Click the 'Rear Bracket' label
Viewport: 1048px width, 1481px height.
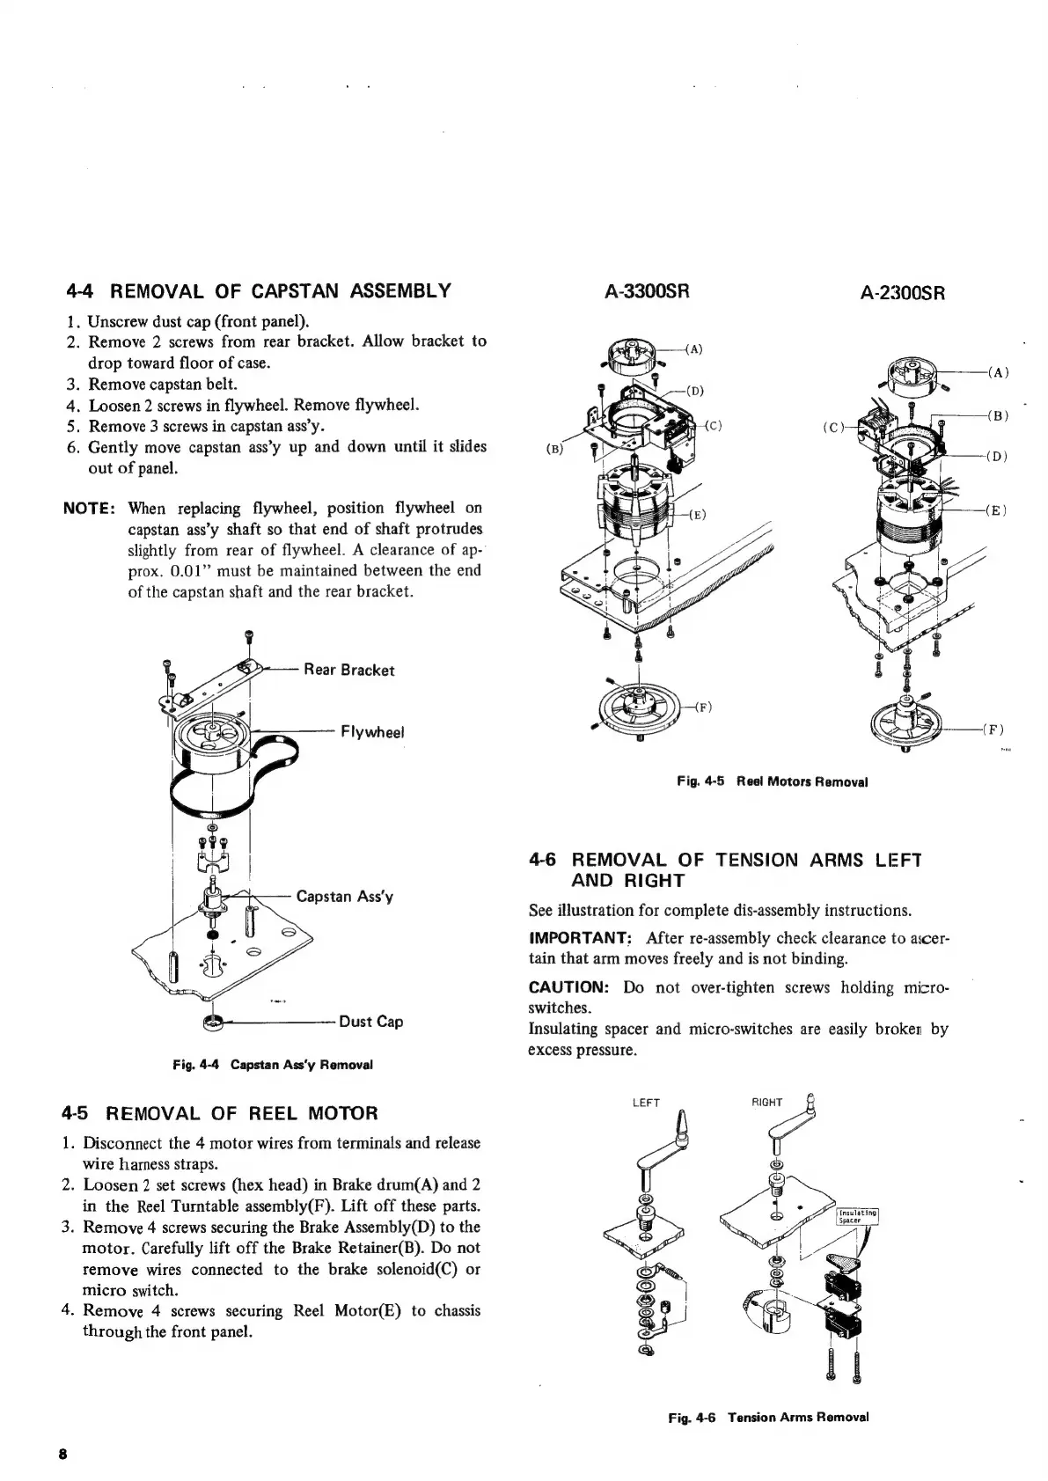click(x=348, y=670)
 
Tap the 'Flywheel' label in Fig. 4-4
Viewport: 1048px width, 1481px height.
click(x=371, y=732)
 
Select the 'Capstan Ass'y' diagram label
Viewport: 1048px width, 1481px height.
click(x=344, y=897)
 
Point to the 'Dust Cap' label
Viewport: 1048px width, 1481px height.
click(x=370, y=1022)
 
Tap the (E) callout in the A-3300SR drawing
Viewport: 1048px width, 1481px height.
click(x=698, y=515)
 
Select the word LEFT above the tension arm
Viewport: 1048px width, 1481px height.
click(x=647, y=1103)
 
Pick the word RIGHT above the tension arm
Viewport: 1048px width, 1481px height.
click(x=766, y=1102)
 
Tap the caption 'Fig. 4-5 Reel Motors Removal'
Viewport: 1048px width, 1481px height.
click(x=772, y=781)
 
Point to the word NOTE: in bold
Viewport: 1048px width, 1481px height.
click(x=91, y=509)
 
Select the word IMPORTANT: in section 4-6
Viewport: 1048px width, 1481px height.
click(x=580, y=938)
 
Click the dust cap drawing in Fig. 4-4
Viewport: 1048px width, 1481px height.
click(x=212, y=1023)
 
